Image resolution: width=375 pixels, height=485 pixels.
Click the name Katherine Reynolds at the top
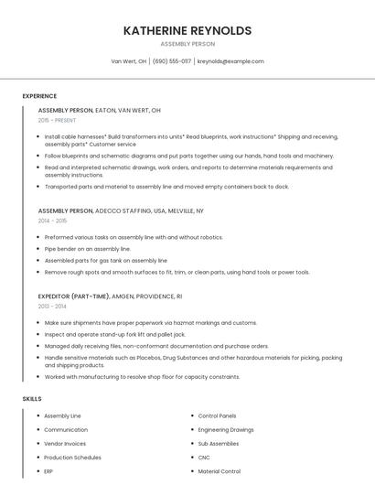point(187,30)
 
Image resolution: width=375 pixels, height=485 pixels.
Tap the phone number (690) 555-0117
point(172,61)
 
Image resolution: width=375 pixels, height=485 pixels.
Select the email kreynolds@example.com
point(230,61)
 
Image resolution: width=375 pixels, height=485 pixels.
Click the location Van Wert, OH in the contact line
point(129,61)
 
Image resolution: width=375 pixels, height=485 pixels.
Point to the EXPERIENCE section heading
point(39,96)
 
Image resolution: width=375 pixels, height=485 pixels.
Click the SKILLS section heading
point(32,399)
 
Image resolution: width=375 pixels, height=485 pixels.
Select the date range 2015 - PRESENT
point(58,120)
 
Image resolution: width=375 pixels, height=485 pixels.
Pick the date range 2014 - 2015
point(52,221)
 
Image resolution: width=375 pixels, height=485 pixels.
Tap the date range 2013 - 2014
point(52,307)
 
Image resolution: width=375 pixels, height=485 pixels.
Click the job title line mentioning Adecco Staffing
point(121,210)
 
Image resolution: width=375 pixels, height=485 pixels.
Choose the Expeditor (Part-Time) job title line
point(110,296)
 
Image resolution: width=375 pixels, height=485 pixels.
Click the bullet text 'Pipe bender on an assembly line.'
point(88,249)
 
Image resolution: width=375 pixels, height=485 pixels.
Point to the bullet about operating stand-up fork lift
point(114,335)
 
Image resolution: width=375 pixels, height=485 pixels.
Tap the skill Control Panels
point(217,415)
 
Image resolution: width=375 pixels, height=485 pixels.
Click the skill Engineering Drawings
point(226,429)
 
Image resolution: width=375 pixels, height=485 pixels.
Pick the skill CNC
point(204,458)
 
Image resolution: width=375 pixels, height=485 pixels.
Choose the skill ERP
point(48,471)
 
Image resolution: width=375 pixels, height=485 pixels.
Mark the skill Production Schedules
point(72,458)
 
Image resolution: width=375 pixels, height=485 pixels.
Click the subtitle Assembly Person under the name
point(187,44)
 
